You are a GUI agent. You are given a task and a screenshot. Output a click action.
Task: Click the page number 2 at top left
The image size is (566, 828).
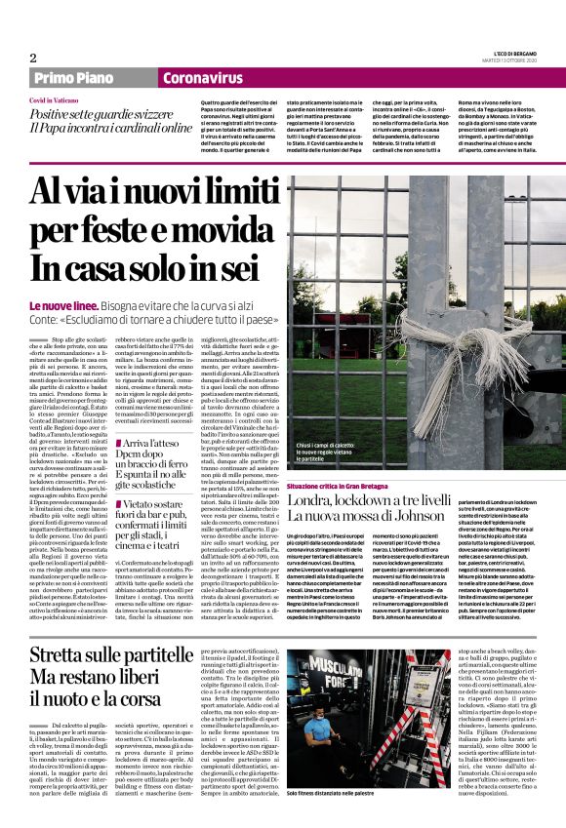(x=33, y=58)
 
